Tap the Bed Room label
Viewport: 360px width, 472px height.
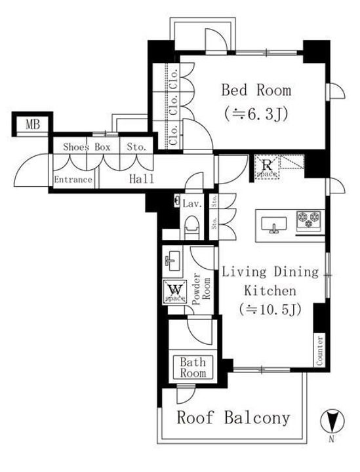(x=256, y=90)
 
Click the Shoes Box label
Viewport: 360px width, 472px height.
(x=87, y=147)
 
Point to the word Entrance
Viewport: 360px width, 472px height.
(x=73, y=180)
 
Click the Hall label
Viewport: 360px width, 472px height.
(x=142, y=179)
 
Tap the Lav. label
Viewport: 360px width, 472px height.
(x=191, y=204)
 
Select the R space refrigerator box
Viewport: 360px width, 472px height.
(x=268, y=168)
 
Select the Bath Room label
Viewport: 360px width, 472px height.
(x=193, y=367)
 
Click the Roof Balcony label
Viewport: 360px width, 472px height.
(x=233, y=418)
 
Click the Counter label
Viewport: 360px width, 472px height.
(x=320, y=350)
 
